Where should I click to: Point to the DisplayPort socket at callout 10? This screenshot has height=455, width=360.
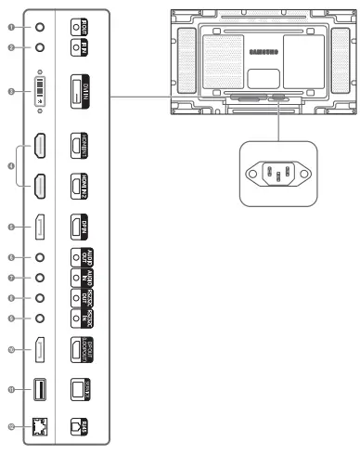(x=38, y=350)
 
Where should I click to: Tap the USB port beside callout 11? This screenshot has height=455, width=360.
(x=38, y=390)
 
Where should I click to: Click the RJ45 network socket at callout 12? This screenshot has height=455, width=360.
(x=38, y=427)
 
